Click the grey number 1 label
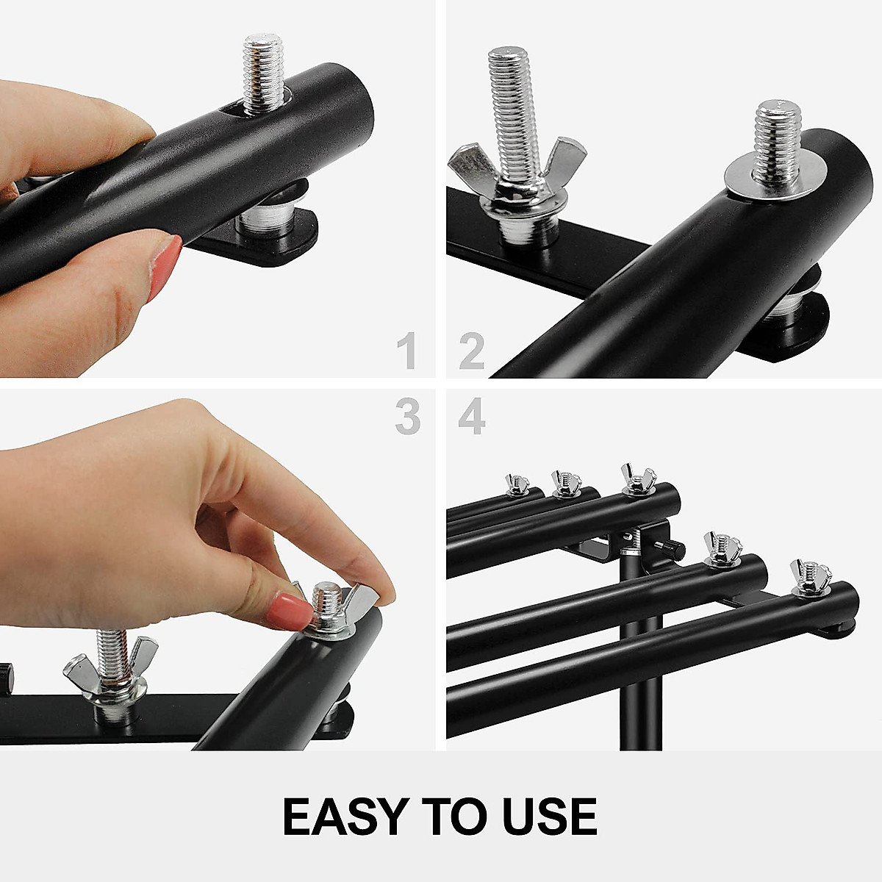406,351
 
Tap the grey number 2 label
472,351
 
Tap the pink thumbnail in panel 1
165,269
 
